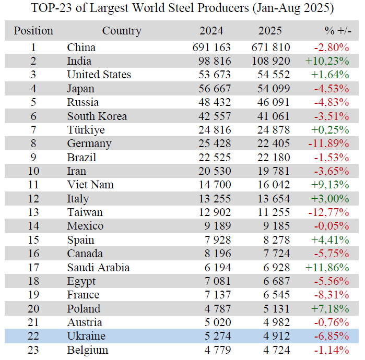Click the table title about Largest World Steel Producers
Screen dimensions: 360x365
183,8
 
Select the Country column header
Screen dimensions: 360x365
122,31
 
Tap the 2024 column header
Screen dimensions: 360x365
212,31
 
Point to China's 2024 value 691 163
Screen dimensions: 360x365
211,47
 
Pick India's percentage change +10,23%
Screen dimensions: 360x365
327,61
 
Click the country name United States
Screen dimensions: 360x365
99,75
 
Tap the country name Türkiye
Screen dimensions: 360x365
86,130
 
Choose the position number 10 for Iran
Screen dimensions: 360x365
33,171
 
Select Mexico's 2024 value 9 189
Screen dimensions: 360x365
219,226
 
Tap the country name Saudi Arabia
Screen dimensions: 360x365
98,268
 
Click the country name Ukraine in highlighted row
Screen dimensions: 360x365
86,336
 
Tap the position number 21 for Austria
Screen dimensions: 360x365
33,322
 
